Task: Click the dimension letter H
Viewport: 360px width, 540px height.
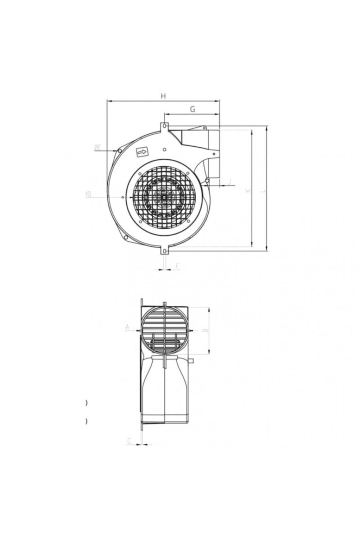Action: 163,96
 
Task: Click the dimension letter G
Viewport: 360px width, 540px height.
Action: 193,109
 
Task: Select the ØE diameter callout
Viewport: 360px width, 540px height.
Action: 98,147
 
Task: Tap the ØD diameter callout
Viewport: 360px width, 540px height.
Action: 88,194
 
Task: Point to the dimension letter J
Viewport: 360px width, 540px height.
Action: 229,182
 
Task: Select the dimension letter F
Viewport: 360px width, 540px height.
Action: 177,266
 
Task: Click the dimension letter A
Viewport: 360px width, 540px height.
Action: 127,327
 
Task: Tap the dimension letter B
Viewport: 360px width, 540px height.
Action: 205,330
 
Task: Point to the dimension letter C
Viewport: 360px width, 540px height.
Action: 129,441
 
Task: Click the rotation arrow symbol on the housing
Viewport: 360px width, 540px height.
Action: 142,153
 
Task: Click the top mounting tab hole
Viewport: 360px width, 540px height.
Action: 164,126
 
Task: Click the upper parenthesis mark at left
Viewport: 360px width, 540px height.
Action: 86,403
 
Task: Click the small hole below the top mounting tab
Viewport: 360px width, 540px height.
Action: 164,149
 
